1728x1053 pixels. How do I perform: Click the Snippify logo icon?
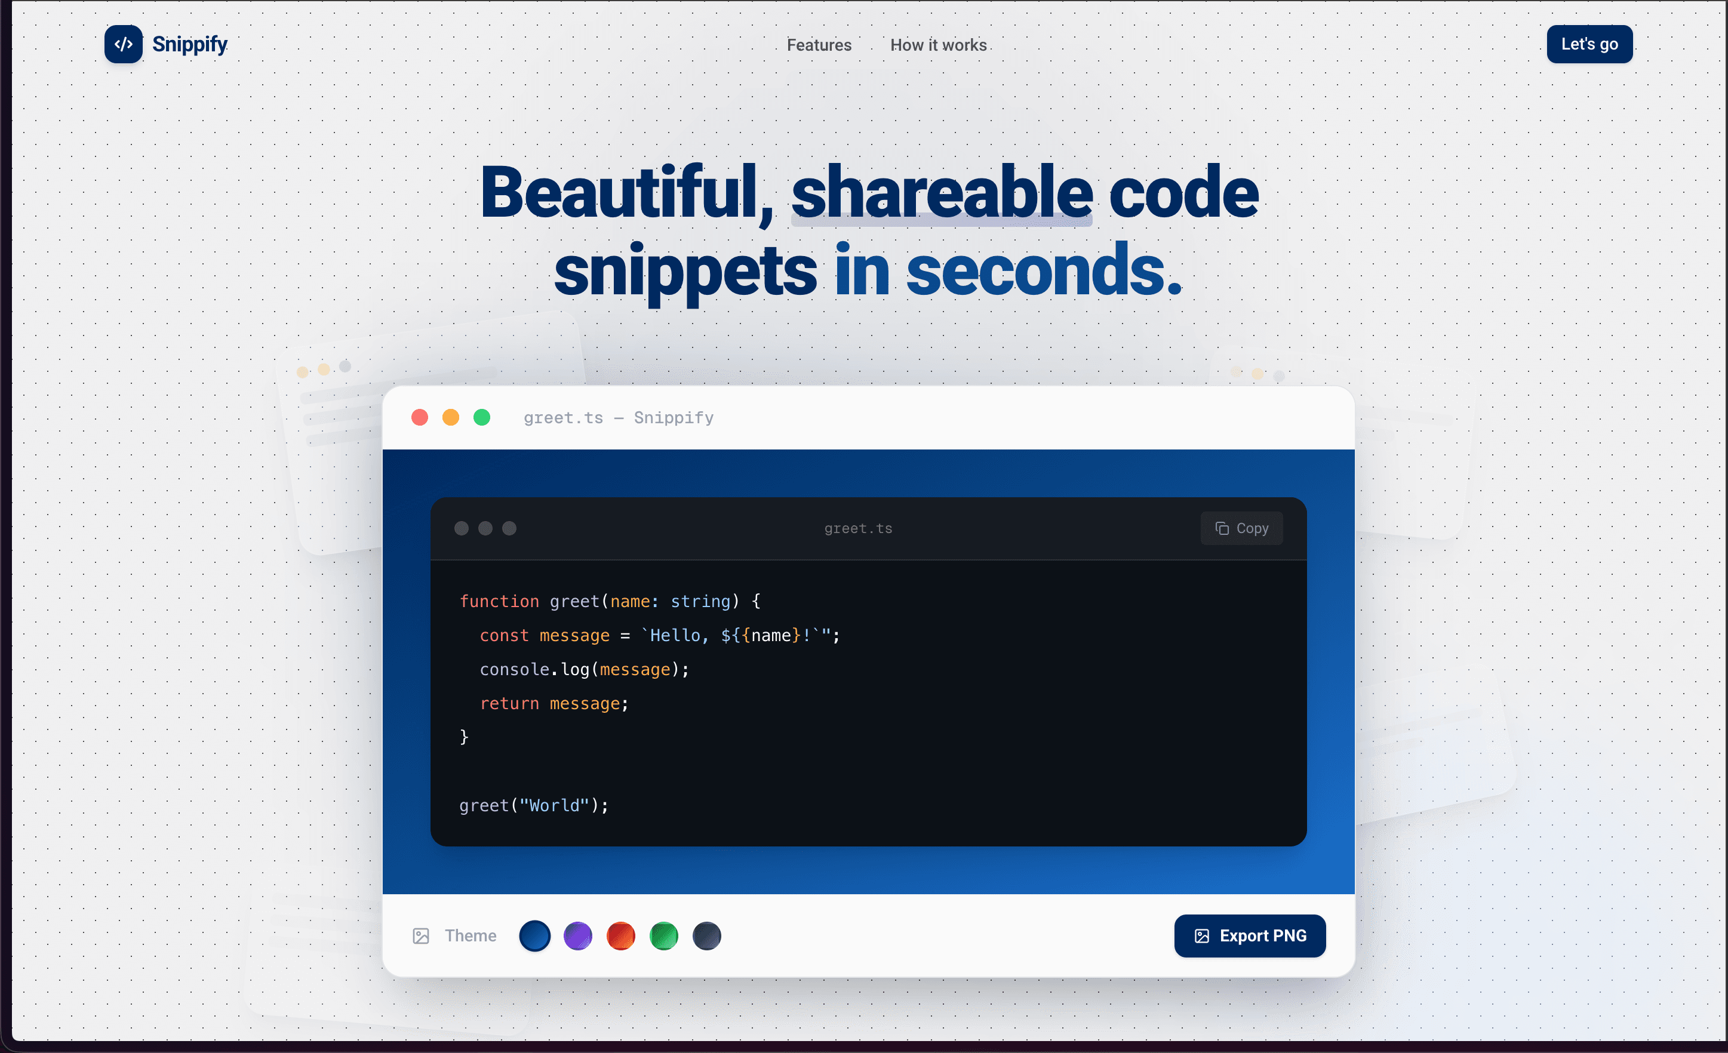click(124, 44)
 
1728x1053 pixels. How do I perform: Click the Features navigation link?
click(819, 45)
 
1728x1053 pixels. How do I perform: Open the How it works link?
click(938, 45)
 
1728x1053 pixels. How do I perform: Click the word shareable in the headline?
click(942, 192)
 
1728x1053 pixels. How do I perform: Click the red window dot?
click(419, 418)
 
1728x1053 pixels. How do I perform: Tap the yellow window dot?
click(450, 418)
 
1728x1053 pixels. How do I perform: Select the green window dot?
click(482, 418)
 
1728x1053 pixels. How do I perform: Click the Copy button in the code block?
click(1241, 529)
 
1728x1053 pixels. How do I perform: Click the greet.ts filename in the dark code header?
click(857, 529)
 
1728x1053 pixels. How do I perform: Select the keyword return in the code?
click(509, 703)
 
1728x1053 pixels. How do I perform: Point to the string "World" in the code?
click(554, 805)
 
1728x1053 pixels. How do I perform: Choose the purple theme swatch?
click(578, 936)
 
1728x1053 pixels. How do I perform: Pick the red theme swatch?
click(620, 936)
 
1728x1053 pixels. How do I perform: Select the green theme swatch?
click(663, 936)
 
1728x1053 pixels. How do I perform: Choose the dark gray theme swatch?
click(707, 936)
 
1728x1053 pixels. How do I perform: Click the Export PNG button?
click(1250, 936)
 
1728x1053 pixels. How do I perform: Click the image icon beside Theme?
click(421, 936)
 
